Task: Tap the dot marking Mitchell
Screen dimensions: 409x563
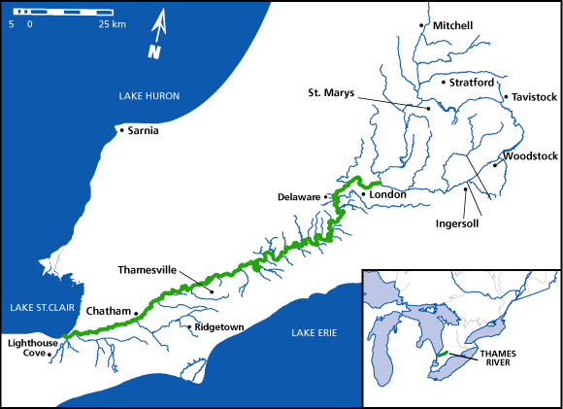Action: (x=421, y=25)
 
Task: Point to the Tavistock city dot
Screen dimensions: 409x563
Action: (x=506, y=97)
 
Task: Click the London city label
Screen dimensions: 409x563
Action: (x=387, y=194)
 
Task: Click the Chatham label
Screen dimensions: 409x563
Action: (x=108, y=311)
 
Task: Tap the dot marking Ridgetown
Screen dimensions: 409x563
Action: (x=189, y=327)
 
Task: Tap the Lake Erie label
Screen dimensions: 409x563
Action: (x=313, y=333)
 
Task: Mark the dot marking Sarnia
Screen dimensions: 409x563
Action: (x=119, y=129)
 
